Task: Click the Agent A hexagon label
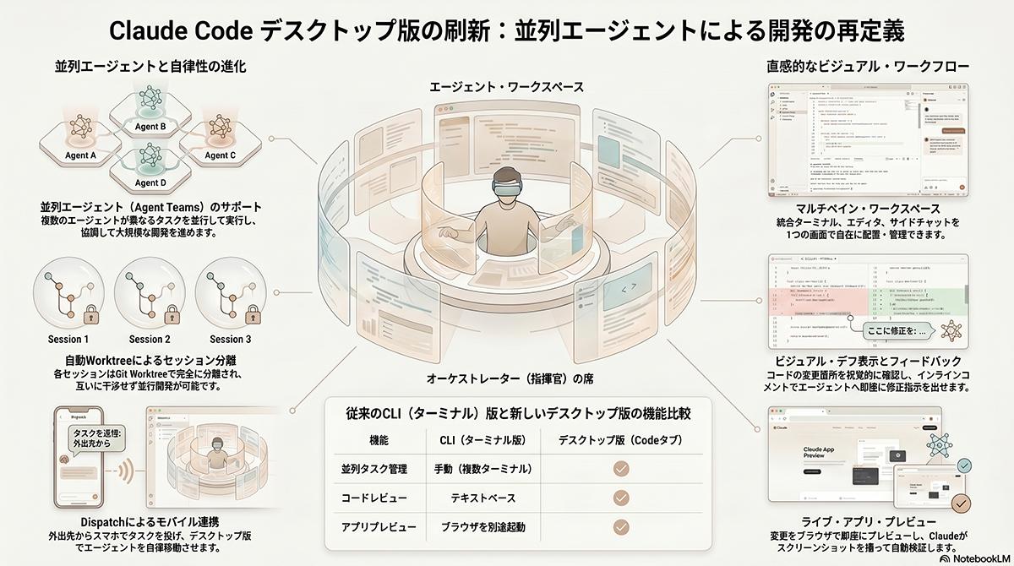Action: tap(81, 156)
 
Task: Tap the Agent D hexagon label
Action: tap(151, 182)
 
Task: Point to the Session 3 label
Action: tap(230, 339)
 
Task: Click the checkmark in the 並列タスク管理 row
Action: tap(621, 469)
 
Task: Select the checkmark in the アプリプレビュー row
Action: tap(621, 527)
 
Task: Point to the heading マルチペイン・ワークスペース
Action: tap(870, 208)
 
